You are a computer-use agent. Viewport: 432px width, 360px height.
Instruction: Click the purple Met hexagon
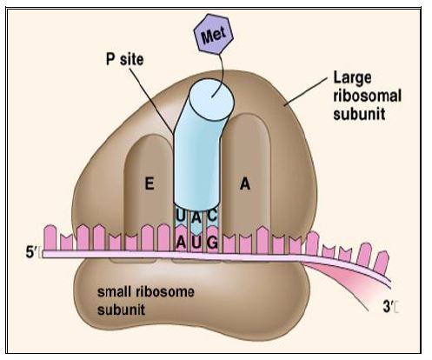214,35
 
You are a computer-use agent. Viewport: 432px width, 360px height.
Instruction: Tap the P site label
125,59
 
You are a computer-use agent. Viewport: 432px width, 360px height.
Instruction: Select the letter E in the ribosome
150,183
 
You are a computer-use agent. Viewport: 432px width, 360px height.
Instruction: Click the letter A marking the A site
245,183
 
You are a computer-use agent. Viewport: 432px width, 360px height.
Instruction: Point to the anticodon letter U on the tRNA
180,216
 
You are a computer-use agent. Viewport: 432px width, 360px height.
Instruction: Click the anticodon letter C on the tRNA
212,216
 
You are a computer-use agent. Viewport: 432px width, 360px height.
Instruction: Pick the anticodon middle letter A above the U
196,217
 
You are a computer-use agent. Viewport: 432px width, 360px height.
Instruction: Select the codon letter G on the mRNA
212,243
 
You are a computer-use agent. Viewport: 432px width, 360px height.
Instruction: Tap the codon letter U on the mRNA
196,243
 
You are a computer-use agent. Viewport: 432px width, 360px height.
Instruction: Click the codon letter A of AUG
181,243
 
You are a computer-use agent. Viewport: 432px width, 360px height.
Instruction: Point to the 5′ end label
30,253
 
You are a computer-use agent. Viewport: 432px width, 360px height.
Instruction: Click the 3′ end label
388,307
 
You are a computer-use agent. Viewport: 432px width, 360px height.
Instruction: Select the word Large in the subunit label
352,78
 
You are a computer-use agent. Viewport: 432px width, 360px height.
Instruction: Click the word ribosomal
367,96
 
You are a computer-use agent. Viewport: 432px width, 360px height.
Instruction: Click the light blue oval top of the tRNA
211,99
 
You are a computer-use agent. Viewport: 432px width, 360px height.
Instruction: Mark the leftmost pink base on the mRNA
50,237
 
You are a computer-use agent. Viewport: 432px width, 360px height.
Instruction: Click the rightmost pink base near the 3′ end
382,263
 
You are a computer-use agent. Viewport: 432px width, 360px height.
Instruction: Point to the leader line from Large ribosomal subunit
306,91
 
